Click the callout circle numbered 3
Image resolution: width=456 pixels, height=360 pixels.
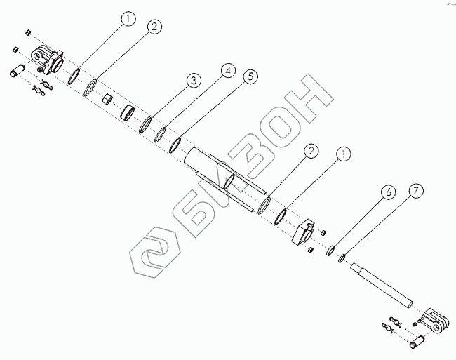click(190, 81)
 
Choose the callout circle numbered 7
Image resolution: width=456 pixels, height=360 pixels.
click(415, 191)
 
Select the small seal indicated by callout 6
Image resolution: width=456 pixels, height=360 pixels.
click(329, 250)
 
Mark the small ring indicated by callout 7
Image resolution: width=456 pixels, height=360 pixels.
click(342, 258)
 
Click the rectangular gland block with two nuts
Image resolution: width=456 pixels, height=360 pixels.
click(305, 234)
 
